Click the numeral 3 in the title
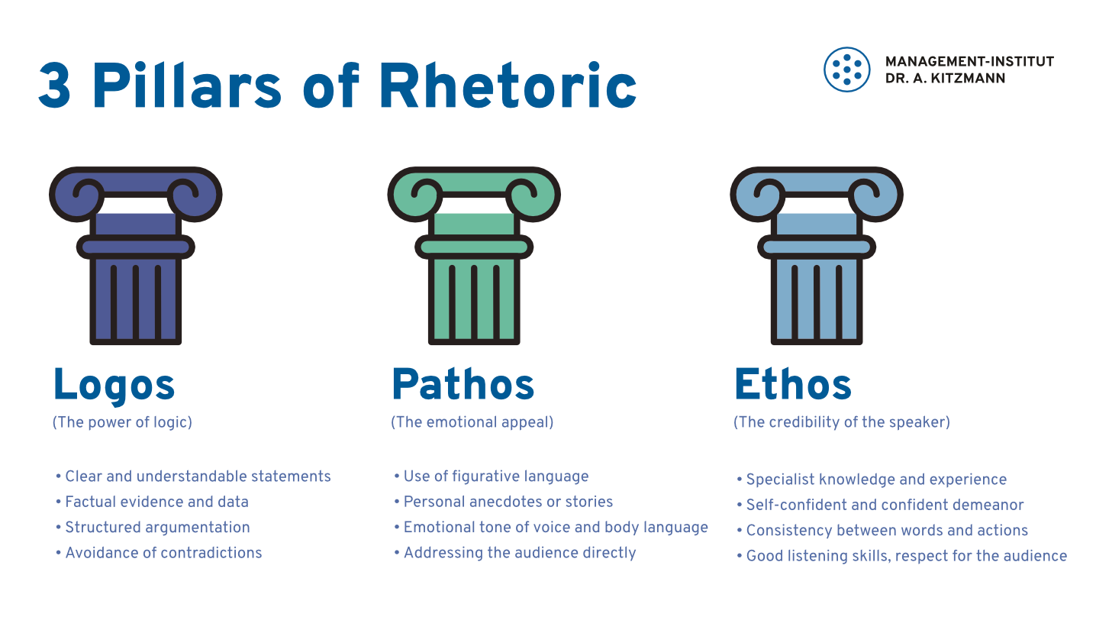click(54, 86)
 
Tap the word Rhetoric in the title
click(508, 84)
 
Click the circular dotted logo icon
click(847, 69)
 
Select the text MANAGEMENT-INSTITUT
click(969, 62)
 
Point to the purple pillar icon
click(136, 256)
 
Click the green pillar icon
click(474, 256)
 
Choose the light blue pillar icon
click(817, 256)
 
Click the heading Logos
click(114, 386)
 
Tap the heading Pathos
click(463, 384)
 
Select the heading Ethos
click(793, 384)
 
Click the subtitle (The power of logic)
click(122, 422)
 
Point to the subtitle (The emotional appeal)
click(472, 422)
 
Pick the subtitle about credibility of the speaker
click(842, 422)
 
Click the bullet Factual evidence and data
click(152, 502)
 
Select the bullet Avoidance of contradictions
click(159, 553)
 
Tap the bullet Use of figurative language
click(492, 476)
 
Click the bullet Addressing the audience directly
click(515, 553)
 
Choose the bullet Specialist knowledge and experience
click(872, 480)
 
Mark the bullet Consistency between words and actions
click(882, 530)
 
